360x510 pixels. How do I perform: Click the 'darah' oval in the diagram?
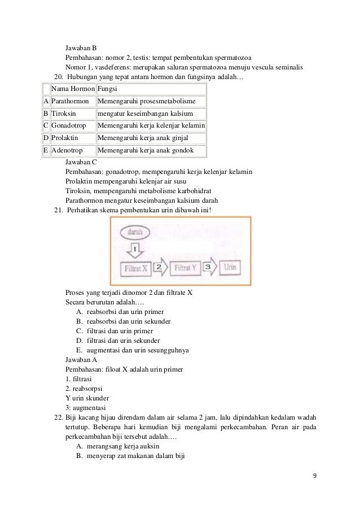point(135,232)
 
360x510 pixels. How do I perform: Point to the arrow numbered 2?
point(161,267)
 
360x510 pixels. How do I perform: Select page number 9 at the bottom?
point(315,474)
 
